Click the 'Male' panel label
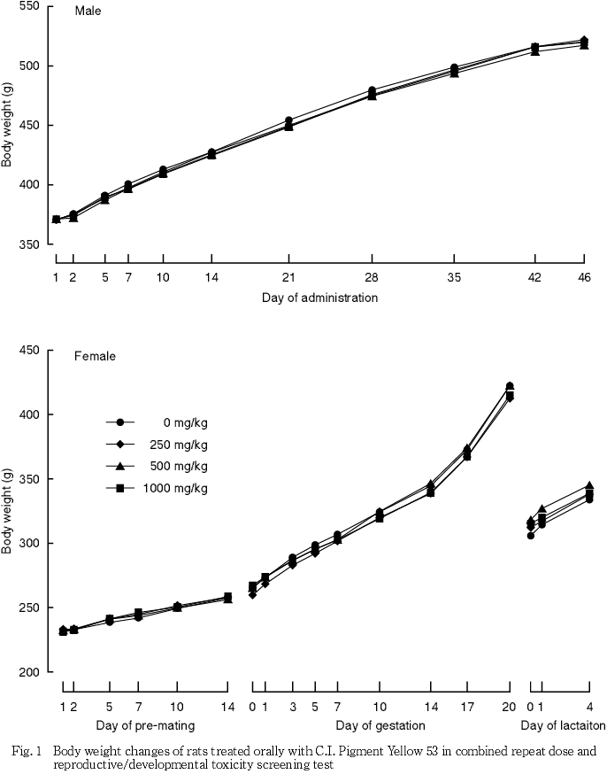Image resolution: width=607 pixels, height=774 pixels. [x=87, y=12]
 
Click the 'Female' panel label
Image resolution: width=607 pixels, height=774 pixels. [x=94, y=357]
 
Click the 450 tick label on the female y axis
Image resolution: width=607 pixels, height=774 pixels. [x=28, y=351]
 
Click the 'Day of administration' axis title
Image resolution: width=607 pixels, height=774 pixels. [x=319, y=298]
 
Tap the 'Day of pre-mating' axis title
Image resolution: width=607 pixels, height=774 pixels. [x=145, y=727]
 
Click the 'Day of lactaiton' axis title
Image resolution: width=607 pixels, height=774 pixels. [x=563, y=727]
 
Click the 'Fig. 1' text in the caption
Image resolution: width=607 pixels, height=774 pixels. [x=27, y=751]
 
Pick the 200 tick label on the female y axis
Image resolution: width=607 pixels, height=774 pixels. [x=28, y=672]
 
